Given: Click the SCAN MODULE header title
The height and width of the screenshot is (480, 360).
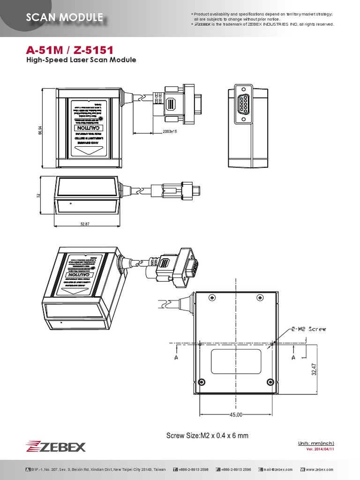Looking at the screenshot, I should (x=65, y=18).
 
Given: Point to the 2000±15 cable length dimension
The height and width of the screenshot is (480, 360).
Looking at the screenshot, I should (x=169, y=132).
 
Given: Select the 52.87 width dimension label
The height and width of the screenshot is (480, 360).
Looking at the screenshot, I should (x=85, y=224).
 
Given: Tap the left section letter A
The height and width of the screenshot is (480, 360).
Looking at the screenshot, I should (x=176, y=357).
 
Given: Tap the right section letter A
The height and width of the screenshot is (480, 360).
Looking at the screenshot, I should (x=293, y=357).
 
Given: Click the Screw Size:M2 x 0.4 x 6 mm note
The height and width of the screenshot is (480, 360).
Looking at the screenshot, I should (x=207, y=435).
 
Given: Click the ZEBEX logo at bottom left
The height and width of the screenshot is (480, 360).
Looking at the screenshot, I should (x=56, y=446).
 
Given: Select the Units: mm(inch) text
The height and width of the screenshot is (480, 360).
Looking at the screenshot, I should (x=316, y=443).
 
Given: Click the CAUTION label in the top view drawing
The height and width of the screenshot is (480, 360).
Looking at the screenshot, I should (x=89, y=128).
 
